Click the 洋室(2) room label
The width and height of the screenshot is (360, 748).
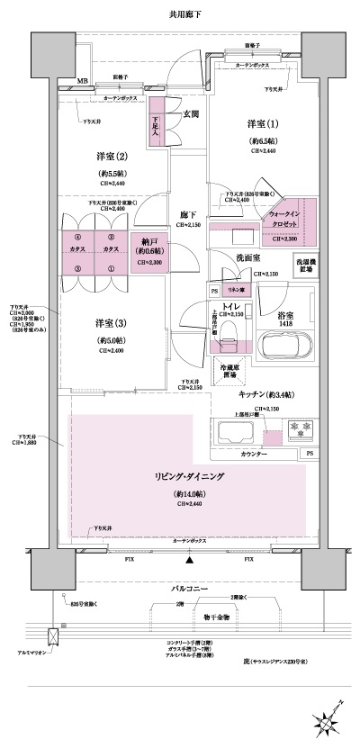click(106, 154)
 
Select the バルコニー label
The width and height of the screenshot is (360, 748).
click(190, 586)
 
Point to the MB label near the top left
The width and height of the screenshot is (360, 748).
click(82, 80)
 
